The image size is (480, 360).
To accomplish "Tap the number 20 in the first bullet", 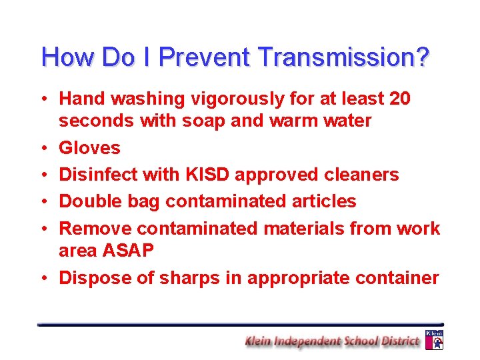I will (399, 99).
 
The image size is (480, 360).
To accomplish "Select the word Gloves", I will (89, 147).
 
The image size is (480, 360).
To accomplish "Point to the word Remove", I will (95, 229).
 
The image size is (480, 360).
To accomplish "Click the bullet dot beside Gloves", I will (43, 148).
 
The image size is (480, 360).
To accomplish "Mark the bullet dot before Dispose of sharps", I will (43, 278).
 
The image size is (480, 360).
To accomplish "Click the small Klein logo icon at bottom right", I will (434, 339).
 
